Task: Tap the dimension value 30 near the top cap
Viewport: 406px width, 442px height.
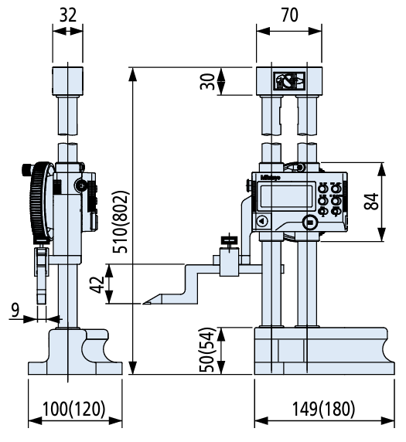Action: coord(206,80)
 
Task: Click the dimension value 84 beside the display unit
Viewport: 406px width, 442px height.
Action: coord(370,202)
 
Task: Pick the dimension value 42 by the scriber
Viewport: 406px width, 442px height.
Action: coord(96,284)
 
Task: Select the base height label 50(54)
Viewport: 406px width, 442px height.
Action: coord(206,351)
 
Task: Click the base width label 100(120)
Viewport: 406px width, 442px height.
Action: coord(74,408)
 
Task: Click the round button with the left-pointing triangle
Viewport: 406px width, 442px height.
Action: coord(261,221)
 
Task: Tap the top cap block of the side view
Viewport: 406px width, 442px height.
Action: coord(67,81)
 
